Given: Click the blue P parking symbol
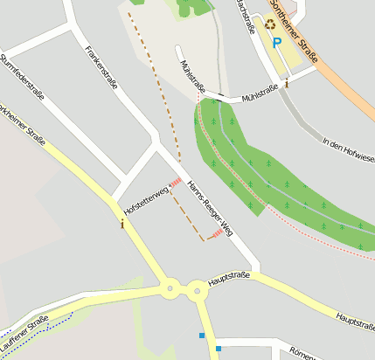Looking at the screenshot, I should tap(277, 42).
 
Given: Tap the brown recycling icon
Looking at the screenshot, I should tap(270, 25).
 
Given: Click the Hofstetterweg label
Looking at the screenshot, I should tap(145, 200).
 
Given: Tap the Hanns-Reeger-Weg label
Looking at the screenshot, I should tap(212, 214).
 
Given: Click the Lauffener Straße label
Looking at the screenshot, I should tap(24, 330).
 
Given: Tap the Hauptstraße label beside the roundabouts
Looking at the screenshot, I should tap(229, 279).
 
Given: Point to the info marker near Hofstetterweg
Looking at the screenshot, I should tap(122, 224).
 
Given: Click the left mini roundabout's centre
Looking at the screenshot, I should tap(168, 287).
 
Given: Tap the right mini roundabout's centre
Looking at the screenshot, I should tap(198, 288).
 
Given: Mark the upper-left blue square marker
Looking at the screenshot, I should tap(202, 335).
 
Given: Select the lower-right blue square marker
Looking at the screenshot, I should tap(219, 349).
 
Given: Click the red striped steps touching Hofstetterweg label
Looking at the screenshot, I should tap(175, 183).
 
